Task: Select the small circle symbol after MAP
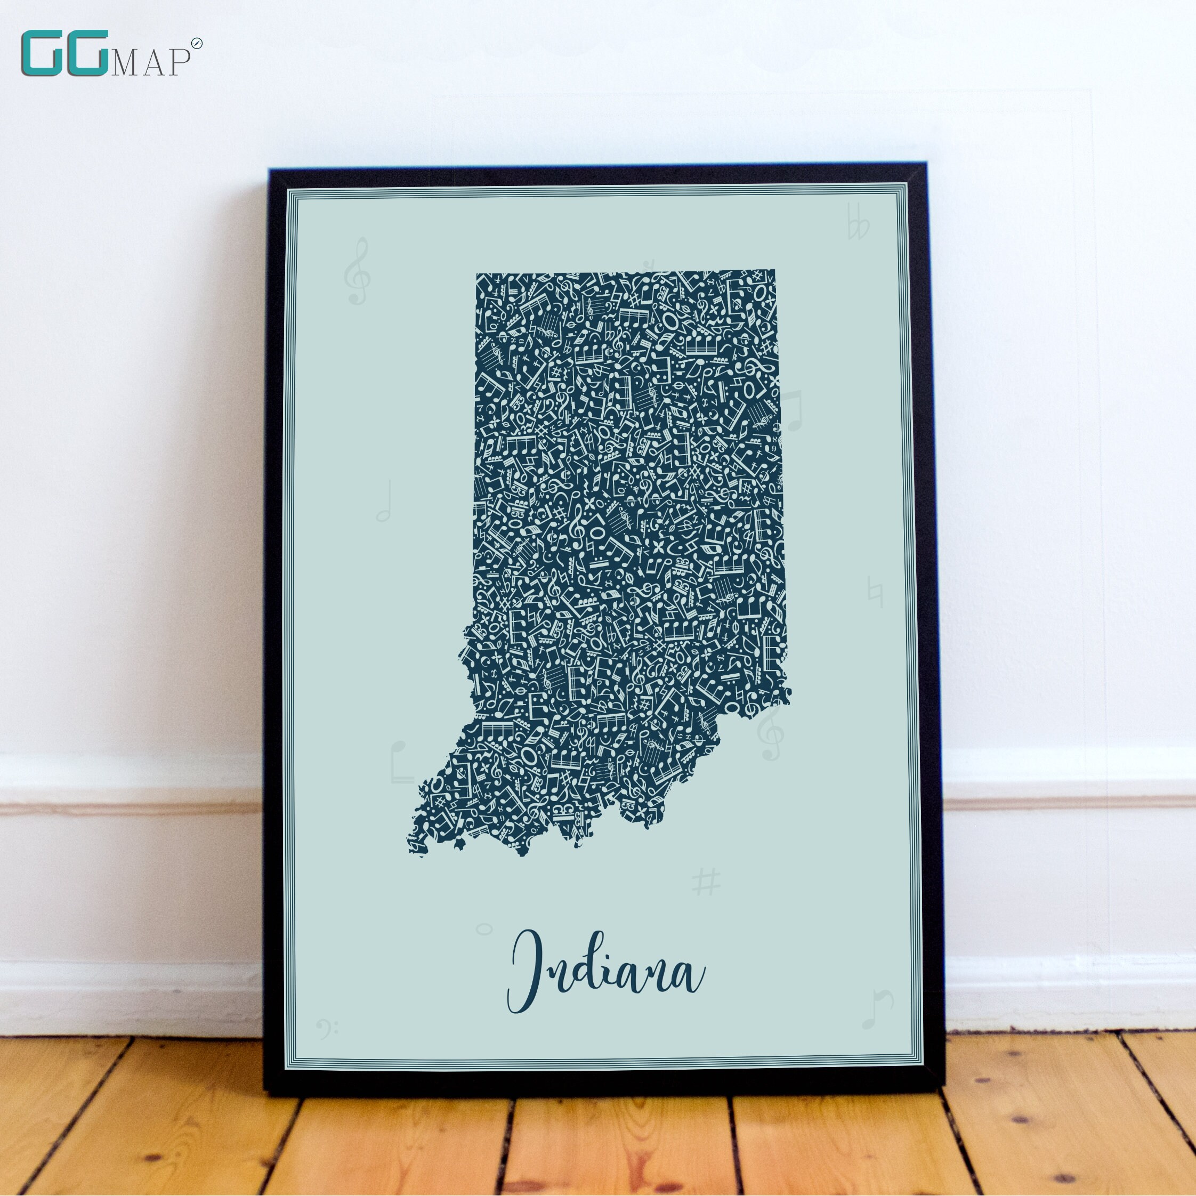[x=196, y=43]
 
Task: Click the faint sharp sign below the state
[x=706, y=882]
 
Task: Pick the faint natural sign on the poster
[x=875, y=591]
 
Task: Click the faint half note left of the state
[x=384, y=502]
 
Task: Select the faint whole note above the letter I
[x=484, y=928]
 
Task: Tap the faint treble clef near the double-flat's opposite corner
[x=357, y=271]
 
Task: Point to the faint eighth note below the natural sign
[x=877, y=1009]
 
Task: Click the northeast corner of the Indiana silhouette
[x=774, y=271]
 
